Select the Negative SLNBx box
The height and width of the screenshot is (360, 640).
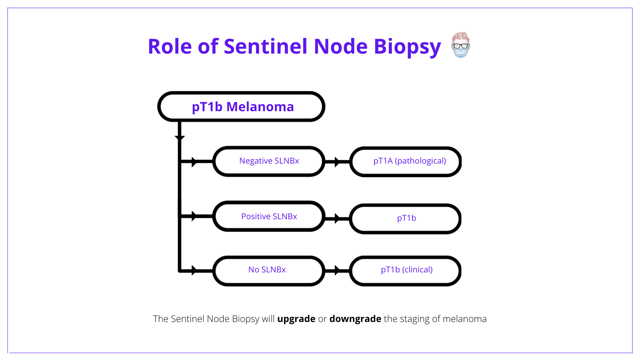[269, 161]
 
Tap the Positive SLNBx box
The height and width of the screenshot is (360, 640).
[269, 216]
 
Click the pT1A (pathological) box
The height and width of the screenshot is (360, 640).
[406, 161]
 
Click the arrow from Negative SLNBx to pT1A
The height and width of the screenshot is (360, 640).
[337, 162]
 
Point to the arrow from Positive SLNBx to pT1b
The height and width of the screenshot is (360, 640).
[337, 218]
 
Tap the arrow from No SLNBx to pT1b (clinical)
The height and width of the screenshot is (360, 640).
[337, 271]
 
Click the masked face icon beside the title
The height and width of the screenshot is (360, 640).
[460, 45]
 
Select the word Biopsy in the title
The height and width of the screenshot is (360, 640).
[407, 47]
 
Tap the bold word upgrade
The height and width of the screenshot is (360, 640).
[296, 319]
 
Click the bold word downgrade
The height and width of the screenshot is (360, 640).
[355, 319]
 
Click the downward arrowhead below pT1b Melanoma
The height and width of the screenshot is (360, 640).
[180, 138]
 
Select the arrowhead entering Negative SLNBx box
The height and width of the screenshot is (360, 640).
[194, 162]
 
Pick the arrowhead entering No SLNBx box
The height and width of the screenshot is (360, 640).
[194, 271]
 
